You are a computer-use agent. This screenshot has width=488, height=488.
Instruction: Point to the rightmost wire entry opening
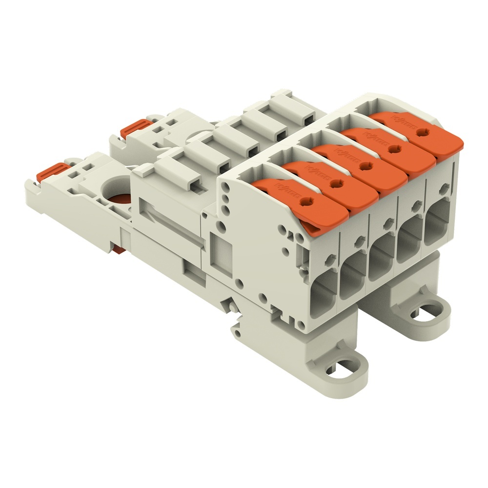tap(439, 226)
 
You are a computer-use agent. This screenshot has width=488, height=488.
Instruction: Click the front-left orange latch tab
tap(51, 171)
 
